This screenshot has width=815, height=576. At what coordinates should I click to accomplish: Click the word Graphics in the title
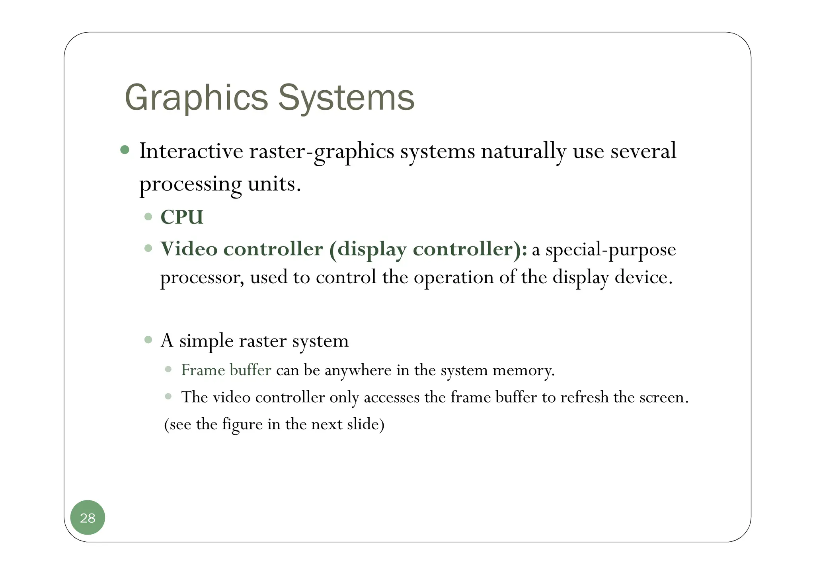coord(196,98)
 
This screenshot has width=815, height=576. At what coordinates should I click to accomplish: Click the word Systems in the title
coord(346,98)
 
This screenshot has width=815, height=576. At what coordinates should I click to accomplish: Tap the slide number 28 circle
coord(88,518)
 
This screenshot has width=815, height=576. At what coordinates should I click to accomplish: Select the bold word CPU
coord(182,217)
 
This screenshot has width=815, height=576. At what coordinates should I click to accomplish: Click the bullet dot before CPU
coord(148,217)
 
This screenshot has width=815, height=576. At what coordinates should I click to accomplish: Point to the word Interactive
coord(191,151)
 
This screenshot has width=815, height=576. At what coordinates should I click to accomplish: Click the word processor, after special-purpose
coord(202,278)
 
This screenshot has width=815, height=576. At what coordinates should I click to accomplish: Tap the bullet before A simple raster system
coord(148,340)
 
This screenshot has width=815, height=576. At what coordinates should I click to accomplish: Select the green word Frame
coord(203,370)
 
